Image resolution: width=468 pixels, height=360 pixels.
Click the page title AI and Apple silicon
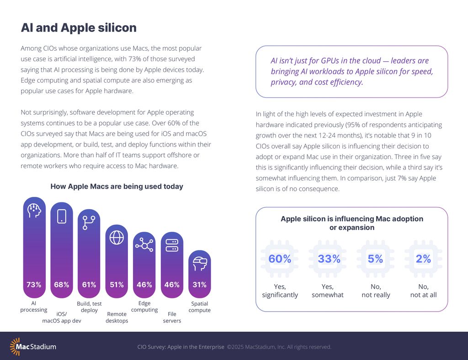[x=79, y=28]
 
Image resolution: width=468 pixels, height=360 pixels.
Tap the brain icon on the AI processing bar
[x=34, y=210]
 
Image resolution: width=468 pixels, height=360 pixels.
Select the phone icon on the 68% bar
[x=62, y=216]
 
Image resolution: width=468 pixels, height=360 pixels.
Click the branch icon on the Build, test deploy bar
[x=89, y=222]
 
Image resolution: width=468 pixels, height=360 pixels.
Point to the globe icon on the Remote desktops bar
[x=117, y=238]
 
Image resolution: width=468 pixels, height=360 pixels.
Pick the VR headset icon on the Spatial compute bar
[x=200, y=263]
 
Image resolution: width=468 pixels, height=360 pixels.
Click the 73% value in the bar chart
[x=34, y=285]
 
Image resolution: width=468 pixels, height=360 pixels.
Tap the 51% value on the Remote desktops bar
[x=117, y=285]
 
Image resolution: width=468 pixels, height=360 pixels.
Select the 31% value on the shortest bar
[x=200, y=285]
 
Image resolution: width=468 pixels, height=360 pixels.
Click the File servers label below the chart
[x=172, y=318]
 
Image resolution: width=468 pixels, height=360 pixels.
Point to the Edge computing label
[x=144, y=307]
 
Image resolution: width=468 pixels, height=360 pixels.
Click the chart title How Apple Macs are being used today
[x=117, y=186]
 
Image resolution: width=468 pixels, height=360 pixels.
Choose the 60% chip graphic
[x=280, y=259]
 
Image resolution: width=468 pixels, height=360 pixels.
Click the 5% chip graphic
[x=375, y=259]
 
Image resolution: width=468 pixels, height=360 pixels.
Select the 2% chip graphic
[x=423, y=259]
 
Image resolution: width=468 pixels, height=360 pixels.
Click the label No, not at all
[x=423, y=291]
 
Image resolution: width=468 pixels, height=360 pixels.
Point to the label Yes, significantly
[x=280, y=291]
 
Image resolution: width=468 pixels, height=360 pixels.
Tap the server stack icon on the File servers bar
[x=172, y=245]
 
